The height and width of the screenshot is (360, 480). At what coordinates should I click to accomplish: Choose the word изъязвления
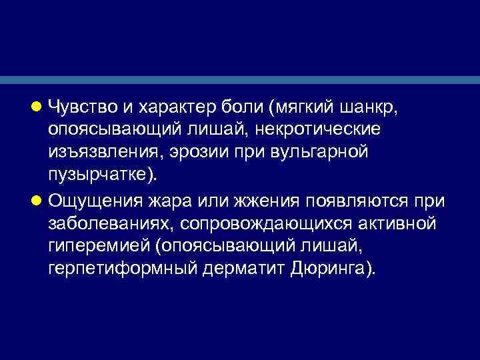point(97,153)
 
